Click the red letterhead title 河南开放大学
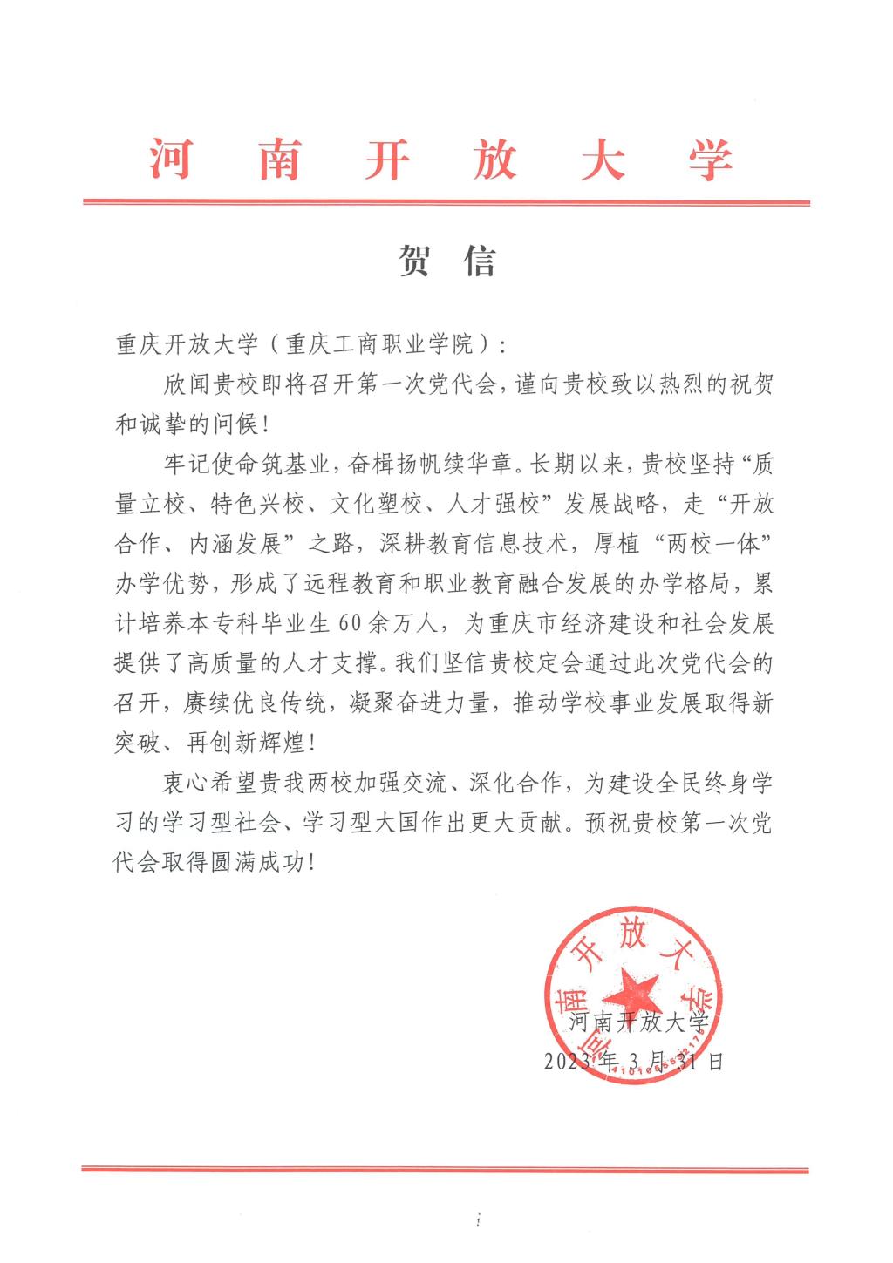tap(441, 160)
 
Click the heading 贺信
tap(446, 260)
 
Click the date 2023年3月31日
tap(633, 1062)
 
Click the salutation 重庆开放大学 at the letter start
tap(187, 344)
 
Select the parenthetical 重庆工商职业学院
tap(378, 344)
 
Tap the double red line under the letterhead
tap(446, 203)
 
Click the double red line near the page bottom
tap(446, 1169)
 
